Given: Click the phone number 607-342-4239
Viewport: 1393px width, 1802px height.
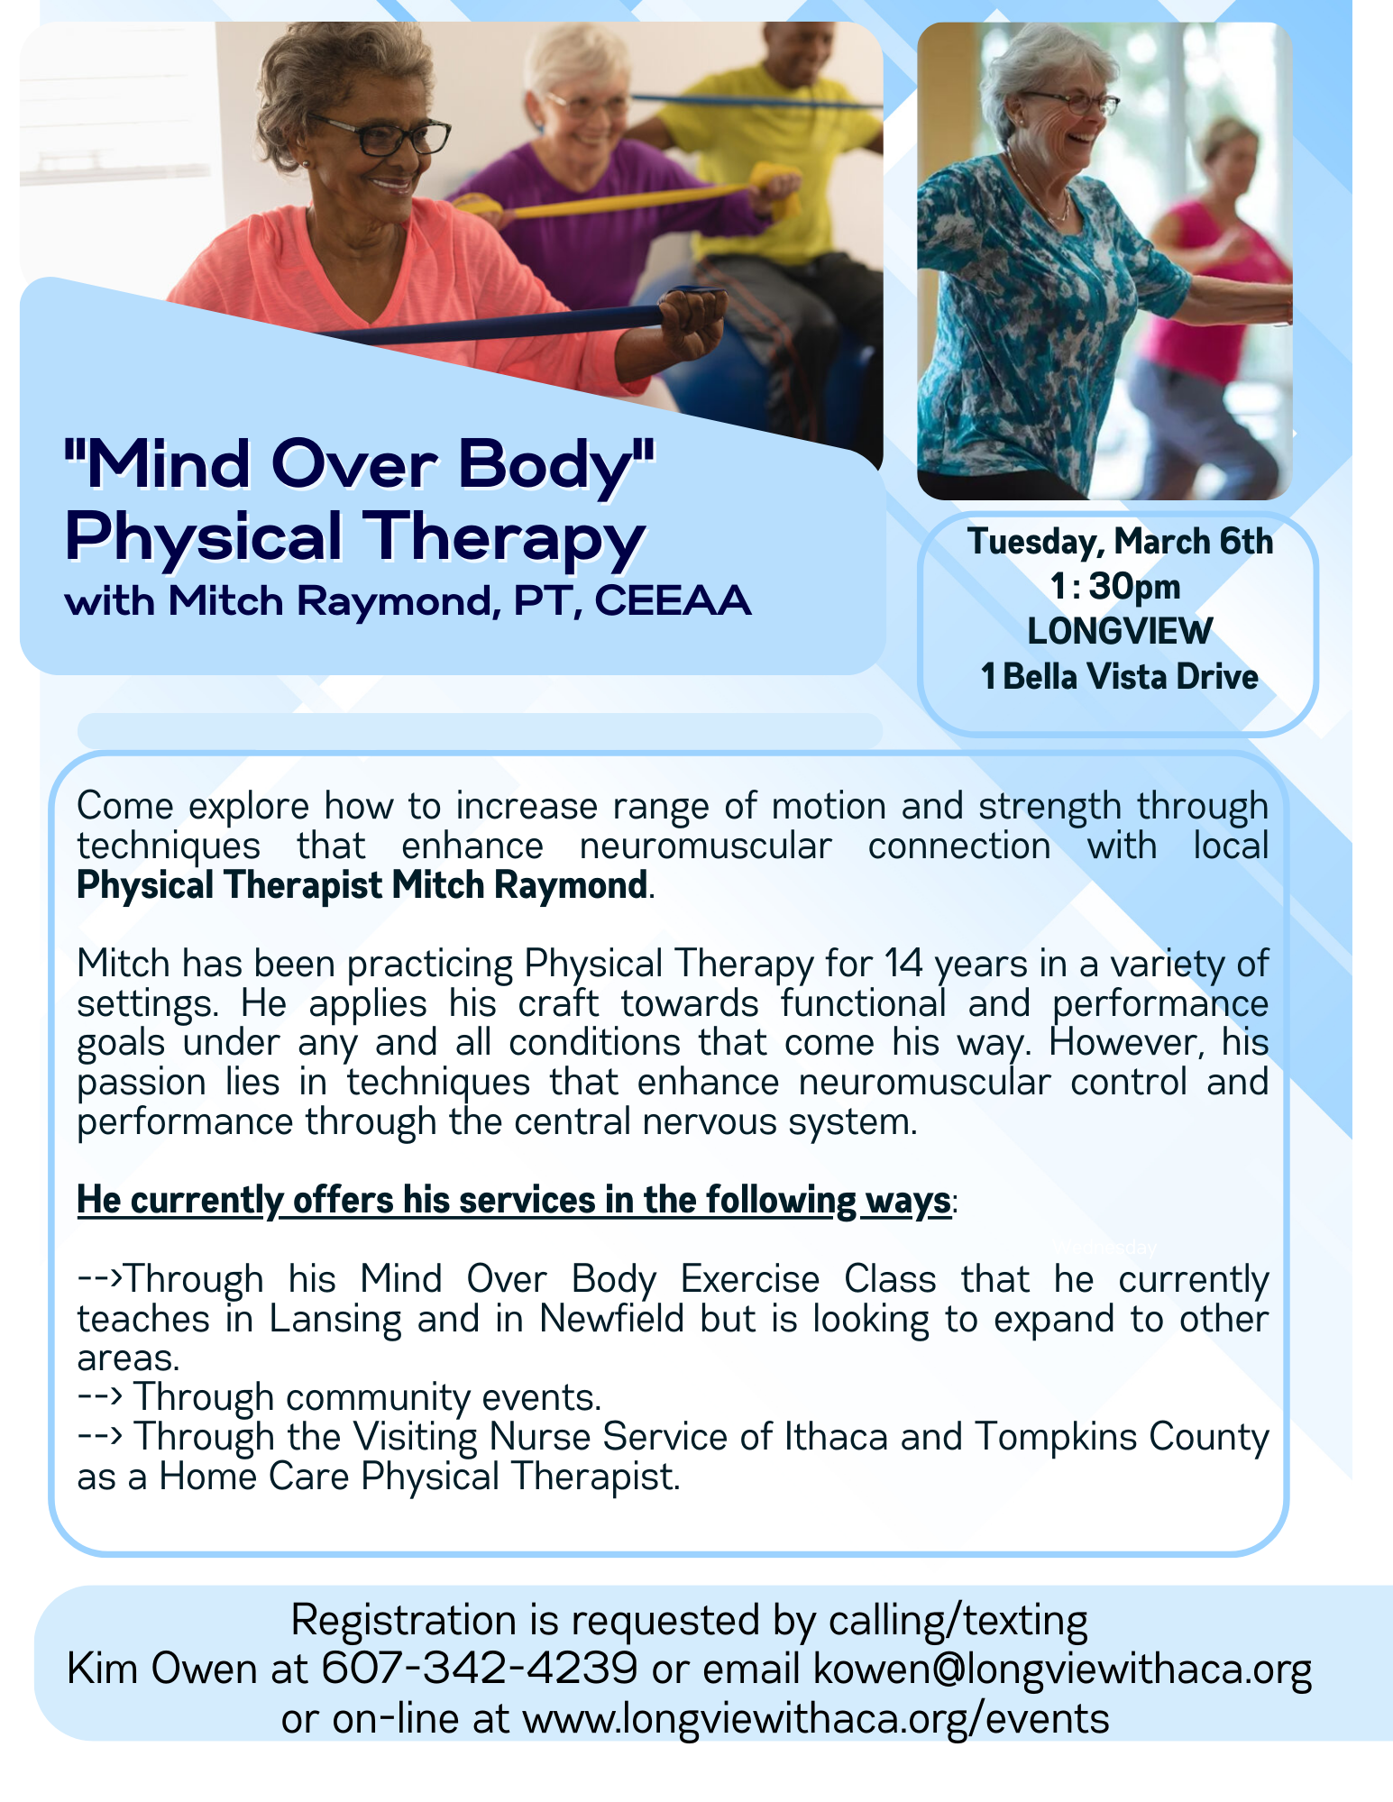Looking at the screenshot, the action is [480, 1669].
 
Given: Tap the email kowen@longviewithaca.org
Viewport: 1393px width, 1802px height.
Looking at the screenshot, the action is [1062, 1669].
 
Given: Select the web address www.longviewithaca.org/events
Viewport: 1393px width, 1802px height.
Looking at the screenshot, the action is [816, 1719].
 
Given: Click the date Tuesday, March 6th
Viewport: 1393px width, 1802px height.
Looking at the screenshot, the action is [1120, 542].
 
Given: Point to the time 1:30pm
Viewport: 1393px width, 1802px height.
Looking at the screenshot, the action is [1115, 587].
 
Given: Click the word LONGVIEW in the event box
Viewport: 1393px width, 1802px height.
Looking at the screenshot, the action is [1120, 631].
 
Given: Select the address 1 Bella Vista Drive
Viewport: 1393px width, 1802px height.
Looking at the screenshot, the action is [1119, 676].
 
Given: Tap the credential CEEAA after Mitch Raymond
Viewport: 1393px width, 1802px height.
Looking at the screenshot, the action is [672, 600].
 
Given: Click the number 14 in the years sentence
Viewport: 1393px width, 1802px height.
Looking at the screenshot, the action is [903, 964].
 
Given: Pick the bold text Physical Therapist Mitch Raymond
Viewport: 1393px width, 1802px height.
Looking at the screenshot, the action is [362, 885].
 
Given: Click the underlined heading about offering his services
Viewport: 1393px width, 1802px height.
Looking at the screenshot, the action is [514, 1200].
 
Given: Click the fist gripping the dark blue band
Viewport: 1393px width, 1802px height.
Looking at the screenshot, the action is [692, 323].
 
